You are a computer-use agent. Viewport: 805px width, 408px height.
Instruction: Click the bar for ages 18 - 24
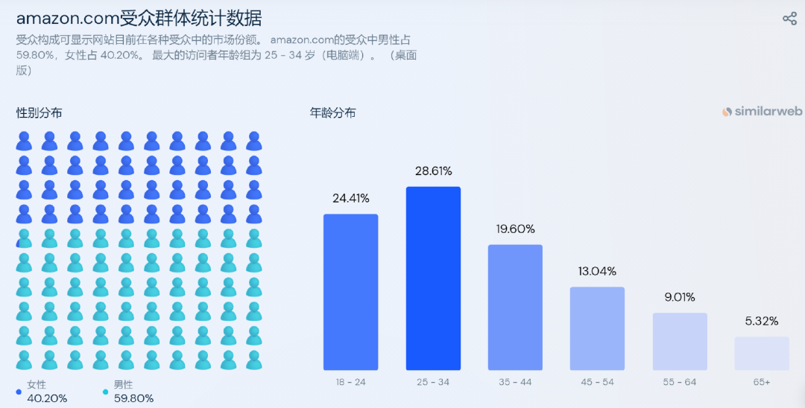350,292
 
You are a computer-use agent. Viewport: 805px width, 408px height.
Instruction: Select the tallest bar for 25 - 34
433,278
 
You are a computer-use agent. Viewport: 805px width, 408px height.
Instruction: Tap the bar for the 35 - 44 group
515,307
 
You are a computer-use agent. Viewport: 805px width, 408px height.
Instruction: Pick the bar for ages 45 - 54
597,328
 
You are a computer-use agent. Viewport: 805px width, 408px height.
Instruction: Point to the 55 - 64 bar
680,342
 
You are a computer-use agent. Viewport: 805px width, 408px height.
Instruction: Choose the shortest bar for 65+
762,354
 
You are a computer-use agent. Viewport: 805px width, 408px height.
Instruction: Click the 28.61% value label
433,171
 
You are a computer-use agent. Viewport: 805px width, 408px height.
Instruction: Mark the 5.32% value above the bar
762,322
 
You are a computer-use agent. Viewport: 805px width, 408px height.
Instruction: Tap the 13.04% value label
597,271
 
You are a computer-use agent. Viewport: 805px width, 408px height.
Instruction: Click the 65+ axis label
762,382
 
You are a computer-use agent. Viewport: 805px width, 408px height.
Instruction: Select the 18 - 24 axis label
350,382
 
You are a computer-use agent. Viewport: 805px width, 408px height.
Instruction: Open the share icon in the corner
789,19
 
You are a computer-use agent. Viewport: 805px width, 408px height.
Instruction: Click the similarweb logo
762,112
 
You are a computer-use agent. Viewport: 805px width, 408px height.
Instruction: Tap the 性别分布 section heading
40,113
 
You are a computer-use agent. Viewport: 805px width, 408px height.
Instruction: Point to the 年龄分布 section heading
332,113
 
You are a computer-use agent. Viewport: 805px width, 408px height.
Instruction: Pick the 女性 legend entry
36,385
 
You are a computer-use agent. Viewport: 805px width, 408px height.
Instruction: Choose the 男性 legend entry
122,385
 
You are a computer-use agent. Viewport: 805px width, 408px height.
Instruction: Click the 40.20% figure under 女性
47,398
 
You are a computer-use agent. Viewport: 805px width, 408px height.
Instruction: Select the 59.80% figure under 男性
133,398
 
